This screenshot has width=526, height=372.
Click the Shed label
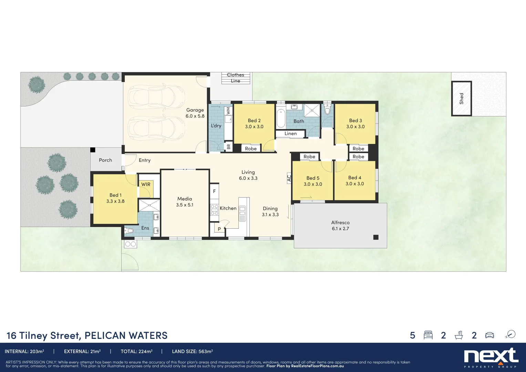461,99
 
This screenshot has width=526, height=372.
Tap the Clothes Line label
236,78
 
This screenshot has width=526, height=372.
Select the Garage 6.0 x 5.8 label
195,113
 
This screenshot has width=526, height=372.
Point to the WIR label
146,184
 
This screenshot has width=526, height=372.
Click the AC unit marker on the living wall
289,178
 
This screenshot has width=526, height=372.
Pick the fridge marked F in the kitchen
214,191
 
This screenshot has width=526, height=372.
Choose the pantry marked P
219,229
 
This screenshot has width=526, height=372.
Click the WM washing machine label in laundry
228,111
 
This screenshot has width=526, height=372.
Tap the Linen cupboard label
290,134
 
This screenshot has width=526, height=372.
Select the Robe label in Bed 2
251,148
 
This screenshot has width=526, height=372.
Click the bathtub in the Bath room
281,118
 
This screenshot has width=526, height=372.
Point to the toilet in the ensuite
129,230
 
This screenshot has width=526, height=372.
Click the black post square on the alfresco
376,237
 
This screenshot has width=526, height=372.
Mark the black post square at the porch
93,150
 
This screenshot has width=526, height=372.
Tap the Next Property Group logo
491,358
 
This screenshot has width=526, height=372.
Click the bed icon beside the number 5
428,335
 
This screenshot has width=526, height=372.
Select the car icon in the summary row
489,335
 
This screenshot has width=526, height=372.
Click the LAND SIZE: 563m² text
192,351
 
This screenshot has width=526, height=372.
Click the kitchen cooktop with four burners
214,210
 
